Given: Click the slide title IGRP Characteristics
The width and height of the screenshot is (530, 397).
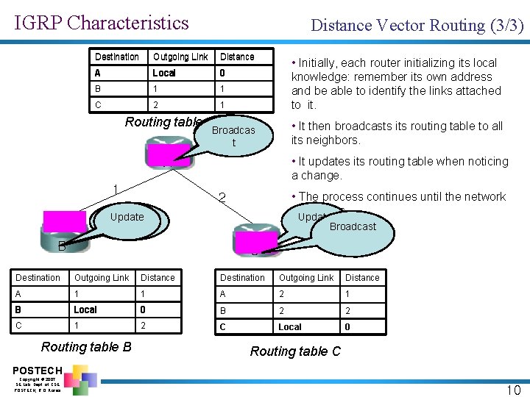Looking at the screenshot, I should (x=102, y=23).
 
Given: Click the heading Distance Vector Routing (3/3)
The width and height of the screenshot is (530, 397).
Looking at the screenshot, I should (x=417, y=26).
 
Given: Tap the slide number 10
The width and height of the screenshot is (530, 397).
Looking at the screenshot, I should (x=512, y=390).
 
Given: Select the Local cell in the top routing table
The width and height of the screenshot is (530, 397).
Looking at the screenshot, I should (x=164, y=73).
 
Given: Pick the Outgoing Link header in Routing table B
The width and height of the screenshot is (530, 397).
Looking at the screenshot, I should (x=102, y=278).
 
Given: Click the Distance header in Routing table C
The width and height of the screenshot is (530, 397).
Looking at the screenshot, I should (x=362, y=278).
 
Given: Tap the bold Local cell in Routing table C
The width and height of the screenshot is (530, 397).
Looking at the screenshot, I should (x=289, y=326).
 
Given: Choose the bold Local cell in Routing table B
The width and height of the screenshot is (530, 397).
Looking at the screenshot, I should (x=85, y=310).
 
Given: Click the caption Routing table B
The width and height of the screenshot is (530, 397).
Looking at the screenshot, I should (x=86, y=346).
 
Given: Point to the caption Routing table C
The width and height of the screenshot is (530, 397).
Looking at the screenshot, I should (x=295, y=351).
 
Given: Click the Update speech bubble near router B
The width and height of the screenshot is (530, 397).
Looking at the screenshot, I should (x=128, y=218).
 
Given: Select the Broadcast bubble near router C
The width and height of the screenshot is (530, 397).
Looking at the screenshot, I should (x=353, y=227).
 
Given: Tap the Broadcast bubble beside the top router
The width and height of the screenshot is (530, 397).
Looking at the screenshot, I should (x=233, y=136).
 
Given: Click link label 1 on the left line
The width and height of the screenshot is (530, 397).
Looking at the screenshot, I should (x=116, y=190).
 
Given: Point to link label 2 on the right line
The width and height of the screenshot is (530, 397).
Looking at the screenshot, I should (x=222, y=197).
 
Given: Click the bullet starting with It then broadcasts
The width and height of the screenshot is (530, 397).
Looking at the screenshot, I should (x=397, y=133).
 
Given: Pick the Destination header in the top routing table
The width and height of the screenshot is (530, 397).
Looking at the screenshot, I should (x=116, y=57).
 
